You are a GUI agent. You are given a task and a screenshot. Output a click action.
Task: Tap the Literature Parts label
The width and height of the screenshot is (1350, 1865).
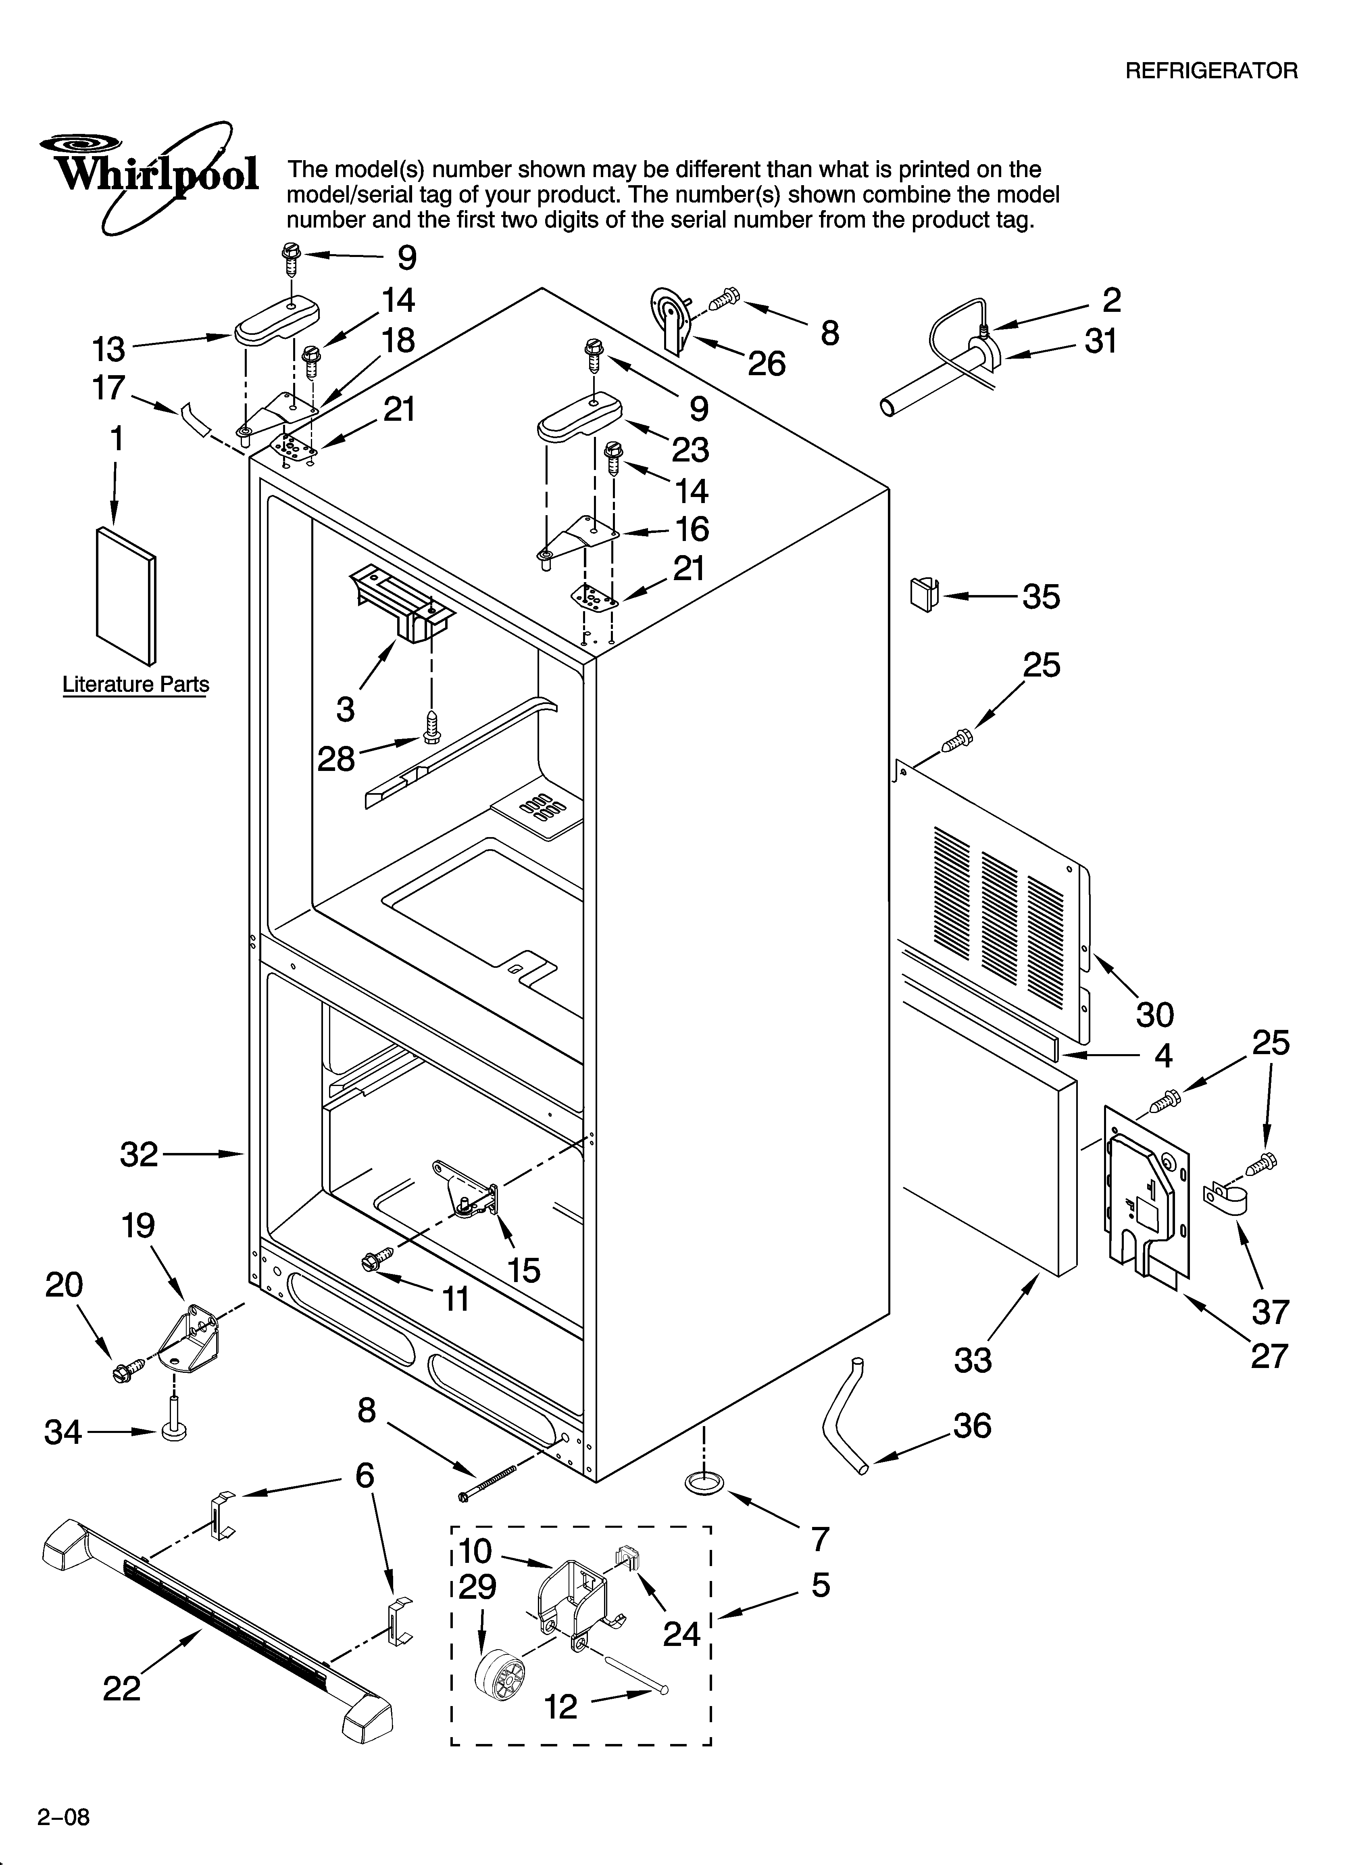pyautogui.click(x=135, y=684)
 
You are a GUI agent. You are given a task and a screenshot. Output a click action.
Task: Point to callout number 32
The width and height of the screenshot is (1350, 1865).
pyautogui.click(x=138, y=1155)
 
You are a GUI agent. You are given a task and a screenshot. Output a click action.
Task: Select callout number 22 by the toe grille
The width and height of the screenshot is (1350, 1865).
pyautogui.click(x=122, y=1689)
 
